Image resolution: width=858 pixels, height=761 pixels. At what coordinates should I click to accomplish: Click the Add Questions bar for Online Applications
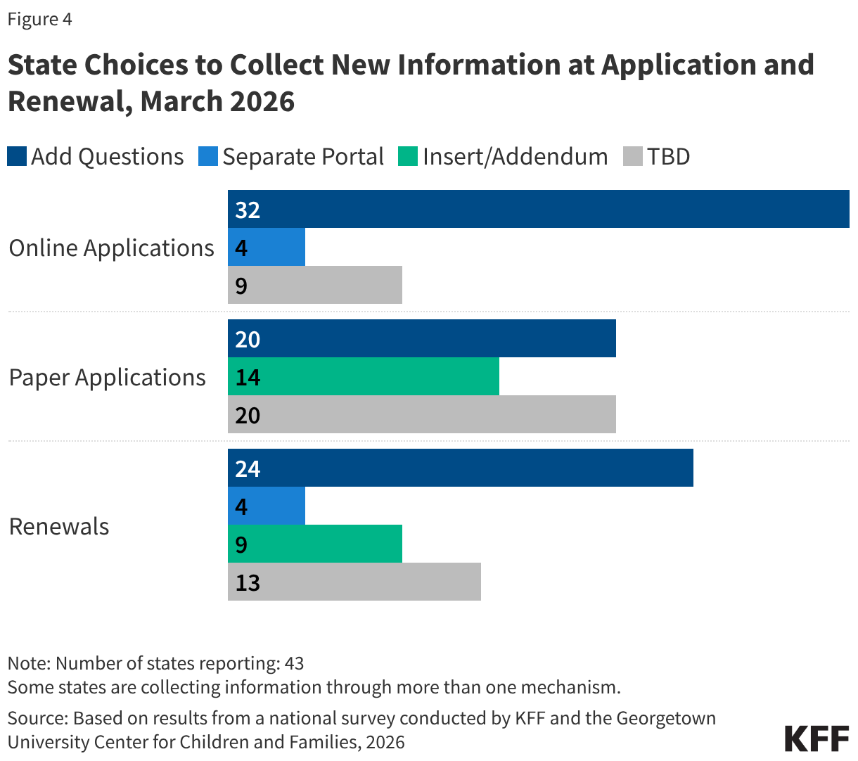click(x=538, y=209)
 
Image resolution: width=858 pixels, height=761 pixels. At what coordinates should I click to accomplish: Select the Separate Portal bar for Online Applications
click(x=267, y=247)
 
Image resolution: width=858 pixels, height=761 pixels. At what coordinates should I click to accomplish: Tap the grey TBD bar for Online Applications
click(x=315, y=285)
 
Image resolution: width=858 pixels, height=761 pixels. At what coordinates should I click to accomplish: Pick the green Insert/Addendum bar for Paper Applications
click(x=364, y=376)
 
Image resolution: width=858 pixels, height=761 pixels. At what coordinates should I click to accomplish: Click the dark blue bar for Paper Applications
click(x=422, y=338)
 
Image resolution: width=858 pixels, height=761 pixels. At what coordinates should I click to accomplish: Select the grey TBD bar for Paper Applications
click(x=422, y=414)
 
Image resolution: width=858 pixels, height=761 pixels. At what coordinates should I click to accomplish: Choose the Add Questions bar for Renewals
click(x=461, y=468)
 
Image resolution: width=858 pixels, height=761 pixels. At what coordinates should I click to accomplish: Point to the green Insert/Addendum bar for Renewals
click(x=315, y=544)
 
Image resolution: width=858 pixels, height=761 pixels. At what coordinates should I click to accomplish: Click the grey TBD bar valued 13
click(x=354, y=582)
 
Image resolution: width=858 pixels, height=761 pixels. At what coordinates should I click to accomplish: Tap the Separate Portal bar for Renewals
click(x=267, y=506)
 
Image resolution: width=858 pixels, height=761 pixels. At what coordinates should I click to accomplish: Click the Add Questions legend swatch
click(x=17, y=156)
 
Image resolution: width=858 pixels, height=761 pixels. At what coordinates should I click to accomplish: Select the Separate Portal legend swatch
click(x=208, y=156)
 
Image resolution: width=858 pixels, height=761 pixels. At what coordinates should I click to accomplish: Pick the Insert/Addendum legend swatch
click(x=408, y=156)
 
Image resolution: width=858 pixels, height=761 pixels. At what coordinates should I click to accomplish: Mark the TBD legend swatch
click(x=633, y=156)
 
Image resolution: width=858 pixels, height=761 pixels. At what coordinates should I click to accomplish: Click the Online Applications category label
click(x=111, y=248)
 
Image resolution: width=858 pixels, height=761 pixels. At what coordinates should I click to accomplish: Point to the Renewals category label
click(x=59, y=526)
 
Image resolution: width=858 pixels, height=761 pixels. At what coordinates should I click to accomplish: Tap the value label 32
click(x=248, y=210)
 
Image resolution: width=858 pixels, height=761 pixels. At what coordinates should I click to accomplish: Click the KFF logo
click(x=817, y=738)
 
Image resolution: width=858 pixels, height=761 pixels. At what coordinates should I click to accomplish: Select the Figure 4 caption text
click(x=39, y=19)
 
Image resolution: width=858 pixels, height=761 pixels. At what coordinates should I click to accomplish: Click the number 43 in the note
click(x=294, y=663)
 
